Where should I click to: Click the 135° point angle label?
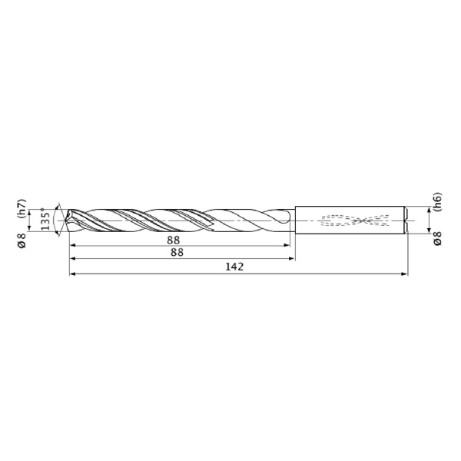pyautogui.click(x=45, y=219)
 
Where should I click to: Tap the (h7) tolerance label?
pyautogui.click(x=22, y=209)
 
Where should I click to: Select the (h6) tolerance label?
pyautogui.click(x=437, y=201)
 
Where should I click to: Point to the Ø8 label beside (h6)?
pyautogui.click(x=437, y=238)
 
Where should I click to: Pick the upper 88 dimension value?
pyautogui.click(x=174, y=240)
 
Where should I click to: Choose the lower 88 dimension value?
pyautogui.click(x=177, y=253)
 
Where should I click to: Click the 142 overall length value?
pyautogui.click(x=234, y=267)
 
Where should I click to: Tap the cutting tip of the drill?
pyautogui.click(x=66, y=221)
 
